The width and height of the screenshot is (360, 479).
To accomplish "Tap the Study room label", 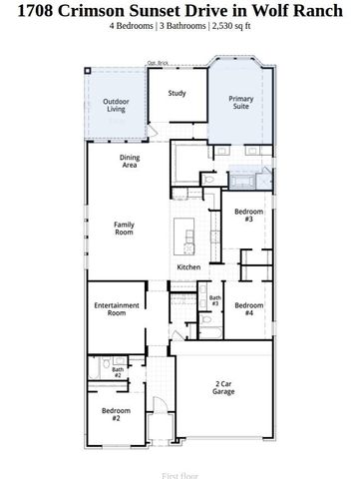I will click(177, 94).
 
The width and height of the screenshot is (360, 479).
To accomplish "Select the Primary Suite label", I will click(241, 103).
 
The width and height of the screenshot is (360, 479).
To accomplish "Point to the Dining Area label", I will click(130, 162).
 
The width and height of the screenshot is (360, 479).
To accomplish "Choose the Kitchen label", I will click(189, 267).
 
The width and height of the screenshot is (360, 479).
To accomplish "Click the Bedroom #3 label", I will click(247, 216).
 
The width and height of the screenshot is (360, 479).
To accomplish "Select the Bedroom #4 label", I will click(249, 308).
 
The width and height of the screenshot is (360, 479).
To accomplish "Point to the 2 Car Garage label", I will click(223, 388).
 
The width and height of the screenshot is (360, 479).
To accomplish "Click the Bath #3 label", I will click(214, 300).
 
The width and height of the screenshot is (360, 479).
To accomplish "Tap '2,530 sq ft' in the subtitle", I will click(240, 27).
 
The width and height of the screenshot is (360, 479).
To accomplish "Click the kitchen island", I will click(186, 238).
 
